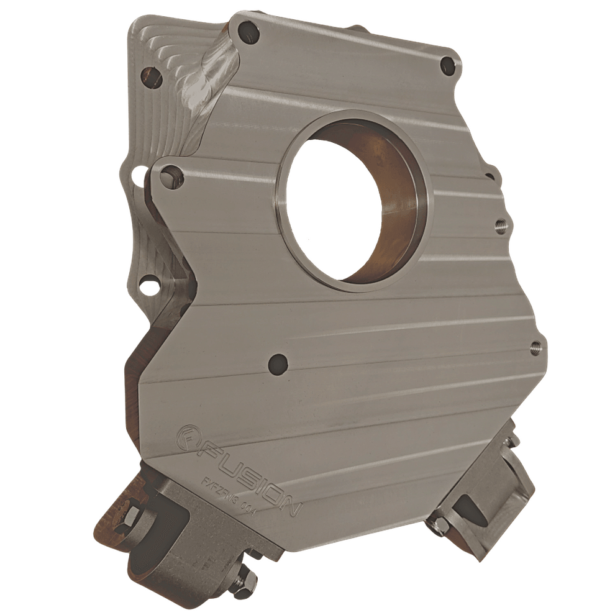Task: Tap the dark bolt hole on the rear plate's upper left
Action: (151, 77)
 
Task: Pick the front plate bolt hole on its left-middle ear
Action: (169, 178)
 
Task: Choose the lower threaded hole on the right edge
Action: (535, 348)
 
